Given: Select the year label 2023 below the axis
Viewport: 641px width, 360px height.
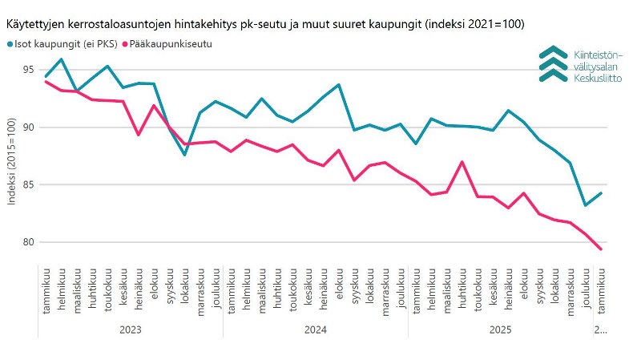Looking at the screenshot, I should [130, 330].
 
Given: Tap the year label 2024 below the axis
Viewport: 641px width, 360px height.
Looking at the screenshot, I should [316, 330].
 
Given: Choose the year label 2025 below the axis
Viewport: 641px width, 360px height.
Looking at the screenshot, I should [501, 330].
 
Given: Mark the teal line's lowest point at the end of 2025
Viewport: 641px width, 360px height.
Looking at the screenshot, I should [586, 205].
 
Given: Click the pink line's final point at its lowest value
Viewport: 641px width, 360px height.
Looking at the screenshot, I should [601, 249].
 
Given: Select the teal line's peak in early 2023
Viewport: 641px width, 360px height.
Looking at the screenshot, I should [62, 59].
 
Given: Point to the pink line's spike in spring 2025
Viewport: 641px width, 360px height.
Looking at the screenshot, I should [462, 162].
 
